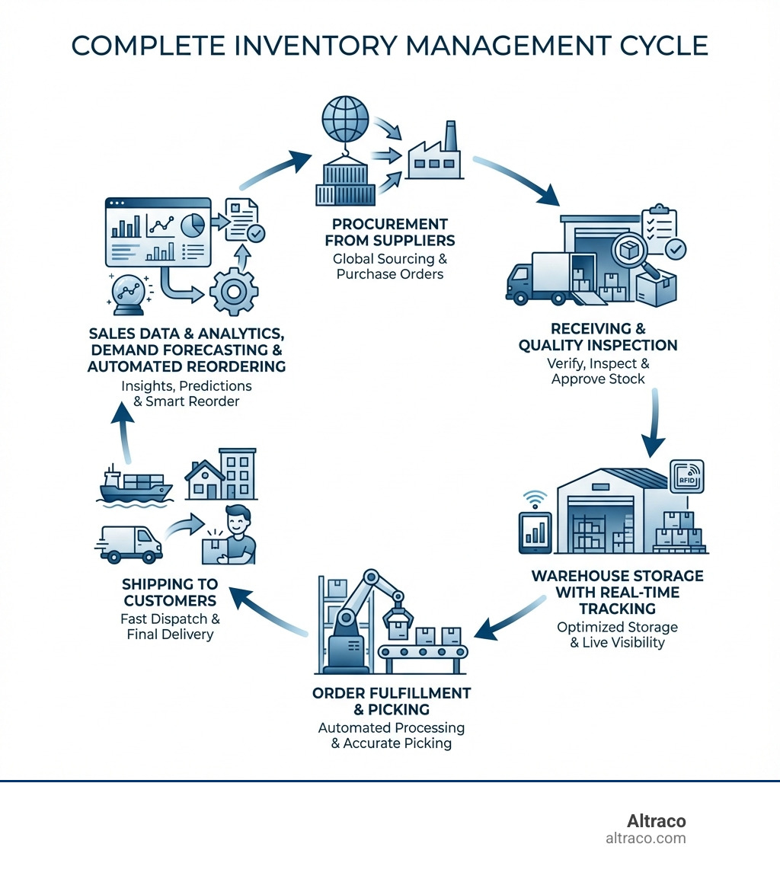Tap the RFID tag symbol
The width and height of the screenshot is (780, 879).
(686, 478)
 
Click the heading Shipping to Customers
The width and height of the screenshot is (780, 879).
(170, 592)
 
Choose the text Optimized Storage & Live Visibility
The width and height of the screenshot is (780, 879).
(617, 634)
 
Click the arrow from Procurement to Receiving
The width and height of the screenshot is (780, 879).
(518, 180)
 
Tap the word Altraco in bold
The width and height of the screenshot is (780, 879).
(656, 821)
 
